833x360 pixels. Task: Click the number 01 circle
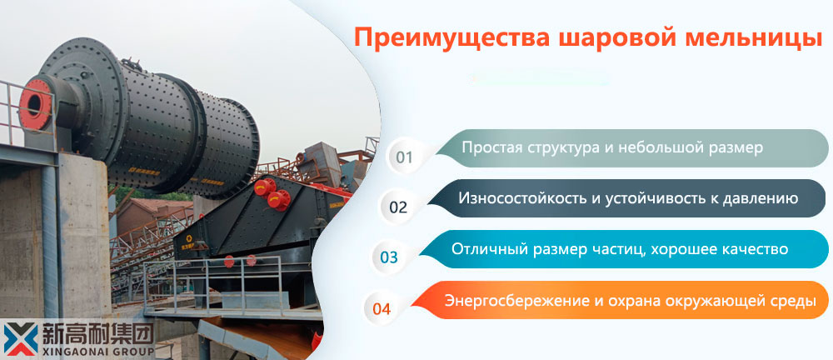click(x=404, y=157)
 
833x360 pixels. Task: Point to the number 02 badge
click(x=397, y=207)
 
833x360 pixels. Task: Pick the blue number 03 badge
click(x=389, y=257)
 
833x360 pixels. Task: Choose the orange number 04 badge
click(x=382, y=308)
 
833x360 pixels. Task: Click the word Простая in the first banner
click(x=491, y=147)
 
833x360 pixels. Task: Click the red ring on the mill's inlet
click(x=35, y=104)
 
